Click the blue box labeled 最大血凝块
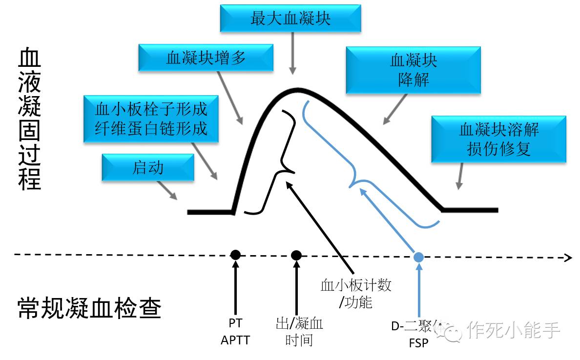(x=290, y=19)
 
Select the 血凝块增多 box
(x=206, y=58)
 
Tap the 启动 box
(x=148, y=168)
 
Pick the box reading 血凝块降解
(x=413, y=70)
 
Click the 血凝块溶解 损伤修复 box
(x=498, y=139)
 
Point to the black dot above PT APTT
(x=236, y=255)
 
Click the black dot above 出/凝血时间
(x=296, y=255)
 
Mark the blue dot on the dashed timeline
(x=418, y=257)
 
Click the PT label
(x=235, y=323)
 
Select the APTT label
(x=235, y=340)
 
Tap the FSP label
(x=418, y=343)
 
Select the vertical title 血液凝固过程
(x=29, y=120)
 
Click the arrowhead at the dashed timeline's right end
(x=568, y=258)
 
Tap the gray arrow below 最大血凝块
(x=292, y=53)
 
